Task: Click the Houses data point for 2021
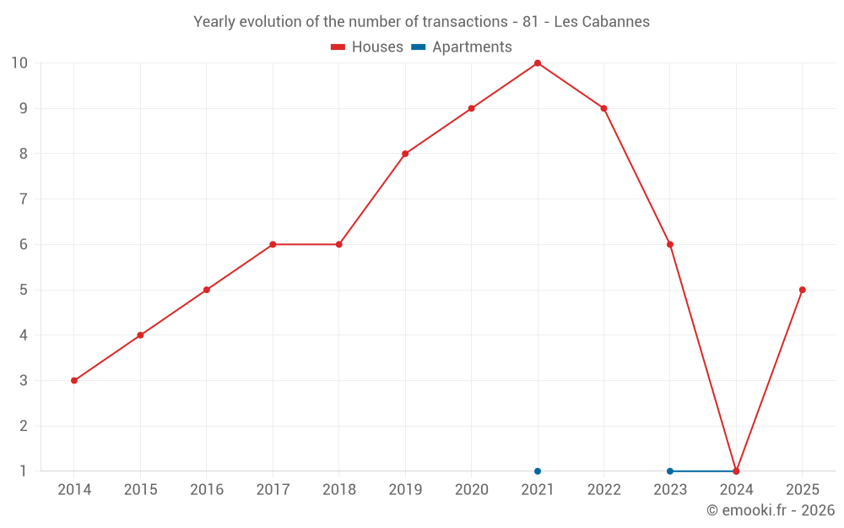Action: click(538, 63)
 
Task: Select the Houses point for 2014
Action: click(74, 380)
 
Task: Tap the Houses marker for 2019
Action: click(405, 154)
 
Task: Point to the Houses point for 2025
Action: click(802, 290)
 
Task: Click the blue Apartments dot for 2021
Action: click(538, 471)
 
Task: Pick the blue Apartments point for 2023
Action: click(670, 471)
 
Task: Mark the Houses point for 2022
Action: click(603, 108)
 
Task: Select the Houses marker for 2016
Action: click(207, 290)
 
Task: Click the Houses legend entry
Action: click(367, 47)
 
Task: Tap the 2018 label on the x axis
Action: click(338, 490)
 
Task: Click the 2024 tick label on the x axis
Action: click(736, 490)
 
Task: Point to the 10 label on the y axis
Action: click(19, 63)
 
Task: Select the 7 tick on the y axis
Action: click(24, 199)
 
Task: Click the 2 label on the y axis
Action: click(24, 426)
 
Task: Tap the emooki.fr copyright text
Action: click(771, 510)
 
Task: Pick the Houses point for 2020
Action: click(471, 108)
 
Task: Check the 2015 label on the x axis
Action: click(140, 490)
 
